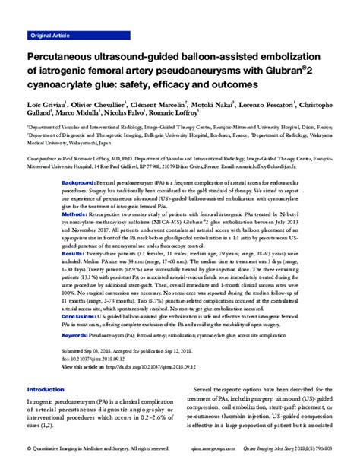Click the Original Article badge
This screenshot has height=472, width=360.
51,36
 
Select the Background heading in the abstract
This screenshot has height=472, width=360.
78,185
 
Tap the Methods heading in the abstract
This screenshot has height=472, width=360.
74,215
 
